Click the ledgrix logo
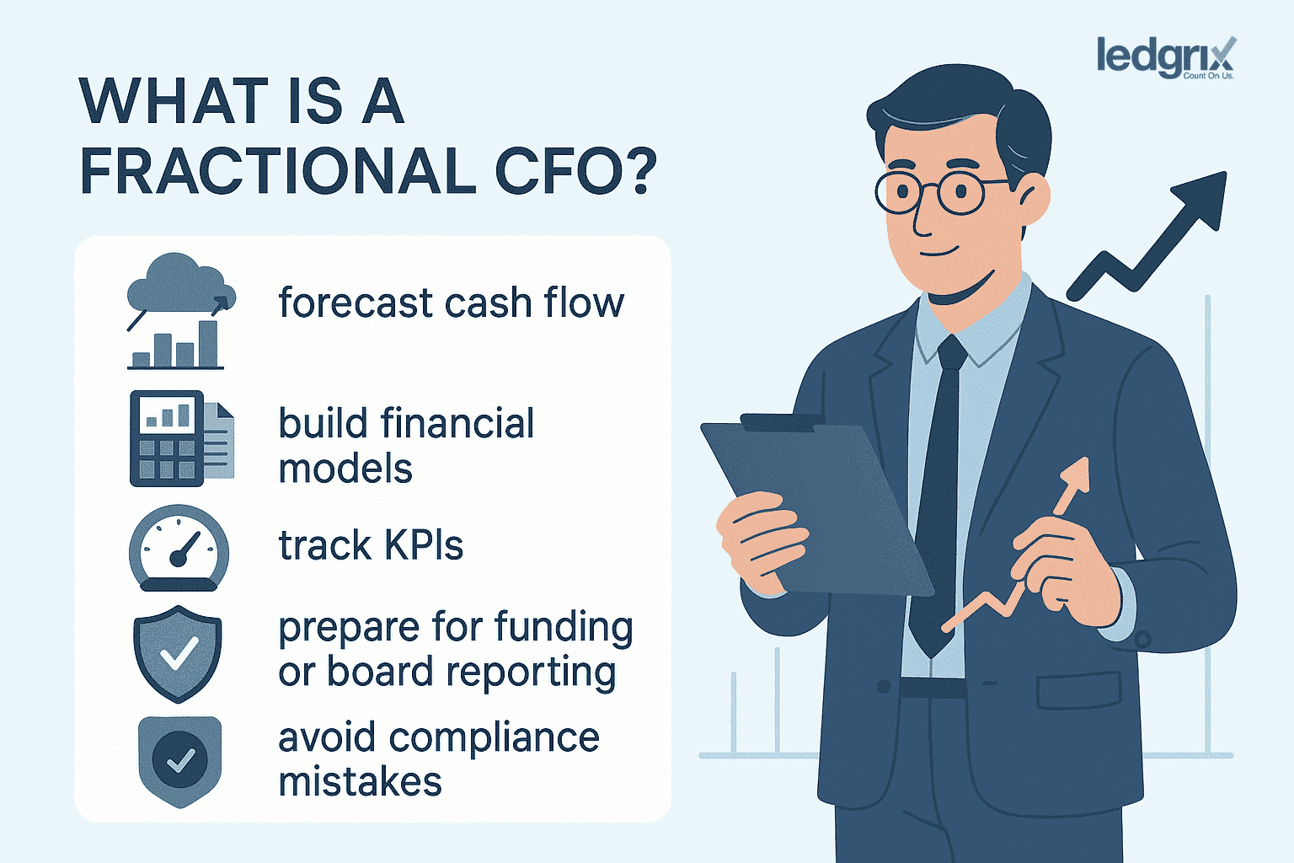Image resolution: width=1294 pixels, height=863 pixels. coord(1165,57)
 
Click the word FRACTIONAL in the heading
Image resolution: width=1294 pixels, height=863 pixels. coord(278,171)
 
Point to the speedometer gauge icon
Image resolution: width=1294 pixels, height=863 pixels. coord(179,548)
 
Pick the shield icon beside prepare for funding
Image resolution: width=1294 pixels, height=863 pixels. coord(178,653)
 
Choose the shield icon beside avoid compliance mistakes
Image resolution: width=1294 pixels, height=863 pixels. coord(179,760)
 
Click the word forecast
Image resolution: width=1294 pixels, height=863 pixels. coord(355,303)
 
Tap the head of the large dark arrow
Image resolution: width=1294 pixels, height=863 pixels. coord(1201,199)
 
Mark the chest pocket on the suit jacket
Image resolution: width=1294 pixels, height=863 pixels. coord(1078,689)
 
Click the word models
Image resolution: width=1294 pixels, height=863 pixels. coord(345,469)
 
